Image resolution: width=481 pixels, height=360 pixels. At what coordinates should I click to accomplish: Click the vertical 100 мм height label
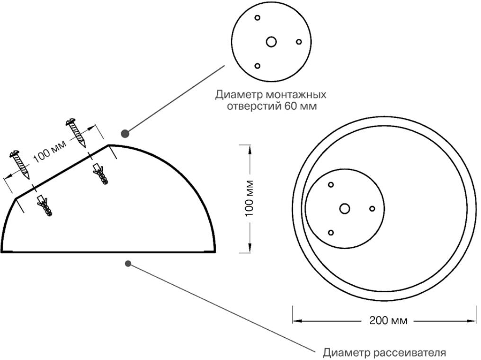(x=250, y=198)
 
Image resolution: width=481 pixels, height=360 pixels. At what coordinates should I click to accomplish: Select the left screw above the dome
(x=19, y=164)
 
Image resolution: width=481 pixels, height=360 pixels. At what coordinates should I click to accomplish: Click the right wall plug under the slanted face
(x=100, y=175)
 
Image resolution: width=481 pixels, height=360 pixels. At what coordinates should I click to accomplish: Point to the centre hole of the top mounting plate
(x=271, y=42)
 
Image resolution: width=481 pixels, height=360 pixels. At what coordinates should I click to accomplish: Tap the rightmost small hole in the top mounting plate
(x=299, y=42)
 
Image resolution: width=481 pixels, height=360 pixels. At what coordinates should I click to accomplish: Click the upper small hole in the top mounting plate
(x=258, y=18)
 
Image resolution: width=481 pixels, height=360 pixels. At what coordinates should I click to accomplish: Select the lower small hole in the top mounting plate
(x=258, y=66)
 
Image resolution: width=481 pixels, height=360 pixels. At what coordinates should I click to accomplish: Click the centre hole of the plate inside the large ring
(x=345, y=208)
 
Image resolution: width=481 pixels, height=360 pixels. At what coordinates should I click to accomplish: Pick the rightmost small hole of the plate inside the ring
(x=372, y=208)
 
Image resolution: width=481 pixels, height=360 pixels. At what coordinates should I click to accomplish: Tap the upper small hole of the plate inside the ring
(x=331, y=185)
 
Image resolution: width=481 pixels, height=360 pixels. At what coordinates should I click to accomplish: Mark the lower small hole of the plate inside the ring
(x=331, y=233)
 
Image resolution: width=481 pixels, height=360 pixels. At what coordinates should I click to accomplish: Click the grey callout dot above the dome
(x=125, y=134)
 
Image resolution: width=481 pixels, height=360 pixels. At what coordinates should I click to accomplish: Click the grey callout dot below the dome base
(x=128, y=263)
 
